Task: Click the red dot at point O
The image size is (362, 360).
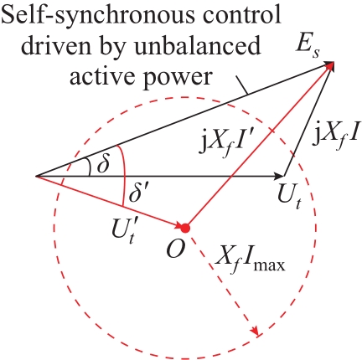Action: click(184, 229)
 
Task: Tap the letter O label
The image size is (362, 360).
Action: click(176, 249)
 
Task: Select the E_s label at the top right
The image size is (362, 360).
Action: click(308, 47)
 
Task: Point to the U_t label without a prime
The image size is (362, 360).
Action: click(290, 198)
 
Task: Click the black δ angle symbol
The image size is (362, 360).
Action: click(102, 165)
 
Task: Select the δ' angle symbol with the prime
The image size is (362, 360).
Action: click(138, 193)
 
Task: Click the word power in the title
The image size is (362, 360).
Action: click(178, 78)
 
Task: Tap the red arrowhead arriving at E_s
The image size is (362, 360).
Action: click(329, 66)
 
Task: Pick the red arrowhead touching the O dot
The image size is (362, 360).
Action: click(178, 225)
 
